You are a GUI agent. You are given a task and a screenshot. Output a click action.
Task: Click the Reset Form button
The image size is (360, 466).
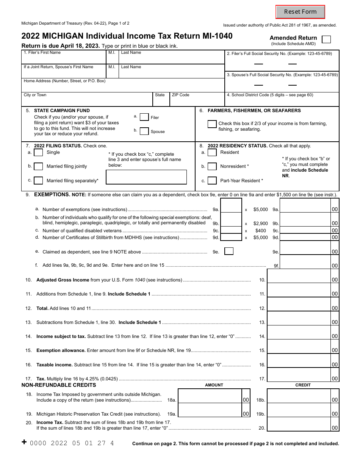click(x=300, y=12)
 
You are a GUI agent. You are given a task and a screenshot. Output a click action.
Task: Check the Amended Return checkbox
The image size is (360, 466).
click(x=326, y=40)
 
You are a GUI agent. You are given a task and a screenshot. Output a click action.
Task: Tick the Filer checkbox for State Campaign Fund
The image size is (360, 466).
click(x=144, y=117)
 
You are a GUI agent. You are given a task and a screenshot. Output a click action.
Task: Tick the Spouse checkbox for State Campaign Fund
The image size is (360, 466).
click(x=144, y=131)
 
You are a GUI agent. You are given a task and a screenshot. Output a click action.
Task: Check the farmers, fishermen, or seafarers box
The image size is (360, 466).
click(x=212, y=124)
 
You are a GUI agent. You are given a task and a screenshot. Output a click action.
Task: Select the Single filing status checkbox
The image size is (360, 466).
click(x=38, y=153)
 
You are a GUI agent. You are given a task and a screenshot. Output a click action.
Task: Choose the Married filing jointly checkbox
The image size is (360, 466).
click(x=38, y=166)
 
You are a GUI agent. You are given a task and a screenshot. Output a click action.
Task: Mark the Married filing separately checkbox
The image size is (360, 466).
click(x=38, y=180)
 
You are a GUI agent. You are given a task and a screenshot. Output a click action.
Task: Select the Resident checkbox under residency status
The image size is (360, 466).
click(x=212, y=153)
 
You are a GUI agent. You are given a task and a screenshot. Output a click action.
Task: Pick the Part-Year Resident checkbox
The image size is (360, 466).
click(x=212, y=181)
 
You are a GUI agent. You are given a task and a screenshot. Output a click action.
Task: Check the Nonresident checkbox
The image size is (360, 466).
click(x=212, y=166)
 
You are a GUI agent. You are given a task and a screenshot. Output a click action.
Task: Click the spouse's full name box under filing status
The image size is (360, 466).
click(x=146, y=177)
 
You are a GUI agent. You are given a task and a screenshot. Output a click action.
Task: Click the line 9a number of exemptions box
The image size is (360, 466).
click(x=231, y=206)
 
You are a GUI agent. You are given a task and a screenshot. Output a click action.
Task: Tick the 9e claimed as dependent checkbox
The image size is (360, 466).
click(x=229, y=251)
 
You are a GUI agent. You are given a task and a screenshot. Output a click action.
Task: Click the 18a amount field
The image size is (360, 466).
click(x=210, y=396)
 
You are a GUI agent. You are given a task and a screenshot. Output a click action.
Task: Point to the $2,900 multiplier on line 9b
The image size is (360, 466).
click(x=261, y=224)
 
